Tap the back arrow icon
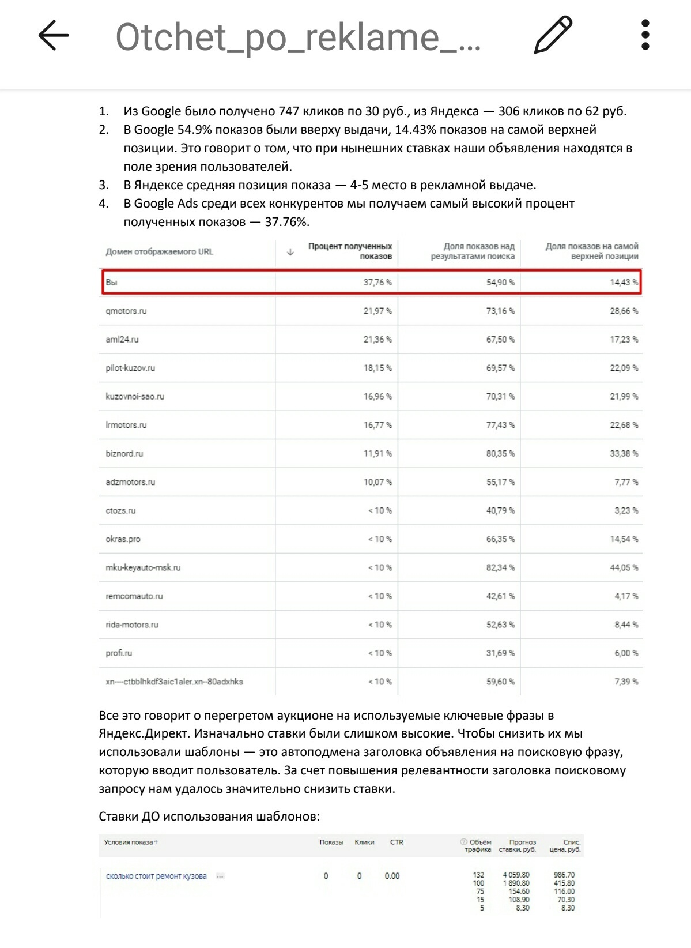[x=54, y=35]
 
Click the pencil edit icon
[x=553, y=35]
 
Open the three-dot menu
[x=645, y=35]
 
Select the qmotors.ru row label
[x=126, y=311]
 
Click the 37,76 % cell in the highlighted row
[x=377, y=283]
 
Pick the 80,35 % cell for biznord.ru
[x=500, y=453]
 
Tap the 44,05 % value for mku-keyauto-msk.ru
[x=624, y=567]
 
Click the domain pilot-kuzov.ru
[x=130, y=368]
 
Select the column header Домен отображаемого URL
[x=160, y=251]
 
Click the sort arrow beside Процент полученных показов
[x=290, y=252]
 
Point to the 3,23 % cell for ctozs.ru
[x=626, y=510]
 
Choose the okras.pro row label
[x=123, y=539]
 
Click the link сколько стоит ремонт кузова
[x=156, y=876]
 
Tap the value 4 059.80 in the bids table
[x=516, y=875]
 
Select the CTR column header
[x=397, y=842]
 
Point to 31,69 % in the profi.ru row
[x=500, y=653]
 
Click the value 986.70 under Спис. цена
[x=564, y=875]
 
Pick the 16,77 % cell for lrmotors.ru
[x=377, y=425]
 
